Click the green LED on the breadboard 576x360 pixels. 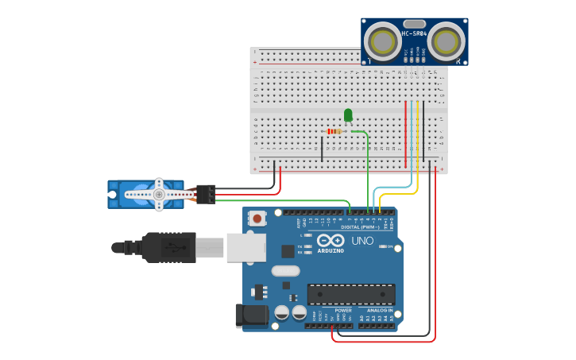click(x=348, y=115)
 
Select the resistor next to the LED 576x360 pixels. click(x=334, y=131)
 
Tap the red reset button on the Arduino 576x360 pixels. click(x=257, y=218)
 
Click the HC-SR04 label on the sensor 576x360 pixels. click(x=414, y=34)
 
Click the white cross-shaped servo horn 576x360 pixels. click(x=159, y=194)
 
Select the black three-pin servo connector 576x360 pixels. click(x=205, y=194)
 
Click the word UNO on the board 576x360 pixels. click(x=362, y=240)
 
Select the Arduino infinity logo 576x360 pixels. click(x=330, y=240)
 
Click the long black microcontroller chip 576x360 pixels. click(x=350, y=294)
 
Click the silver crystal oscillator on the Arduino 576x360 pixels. click(x=285, y=271)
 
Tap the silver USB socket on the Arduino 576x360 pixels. click(x=245, y=247)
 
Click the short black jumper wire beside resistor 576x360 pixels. click(x=322, y=149)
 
